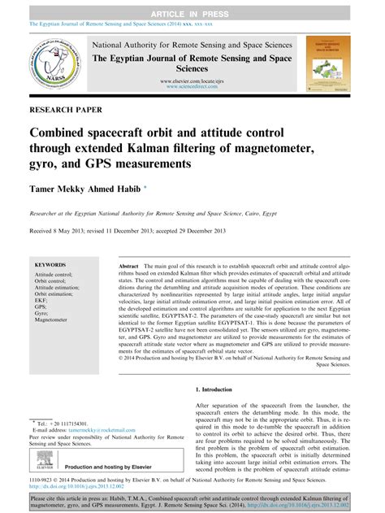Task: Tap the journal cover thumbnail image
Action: pyautogui.click(x=331, y=60)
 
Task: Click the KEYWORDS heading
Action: pyautogui.click(x=50, y=265)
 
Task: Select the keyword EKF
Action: pyautogui.click(x=41, y=299)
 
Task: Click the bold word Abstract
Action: pyautogui.click(x=128, y=266)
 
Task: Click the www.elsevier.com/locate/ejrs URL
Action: pyautogui.click(x=192, y=82)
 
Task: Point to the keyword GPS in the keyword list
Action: pyautogui.click(x=41, y=306)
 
